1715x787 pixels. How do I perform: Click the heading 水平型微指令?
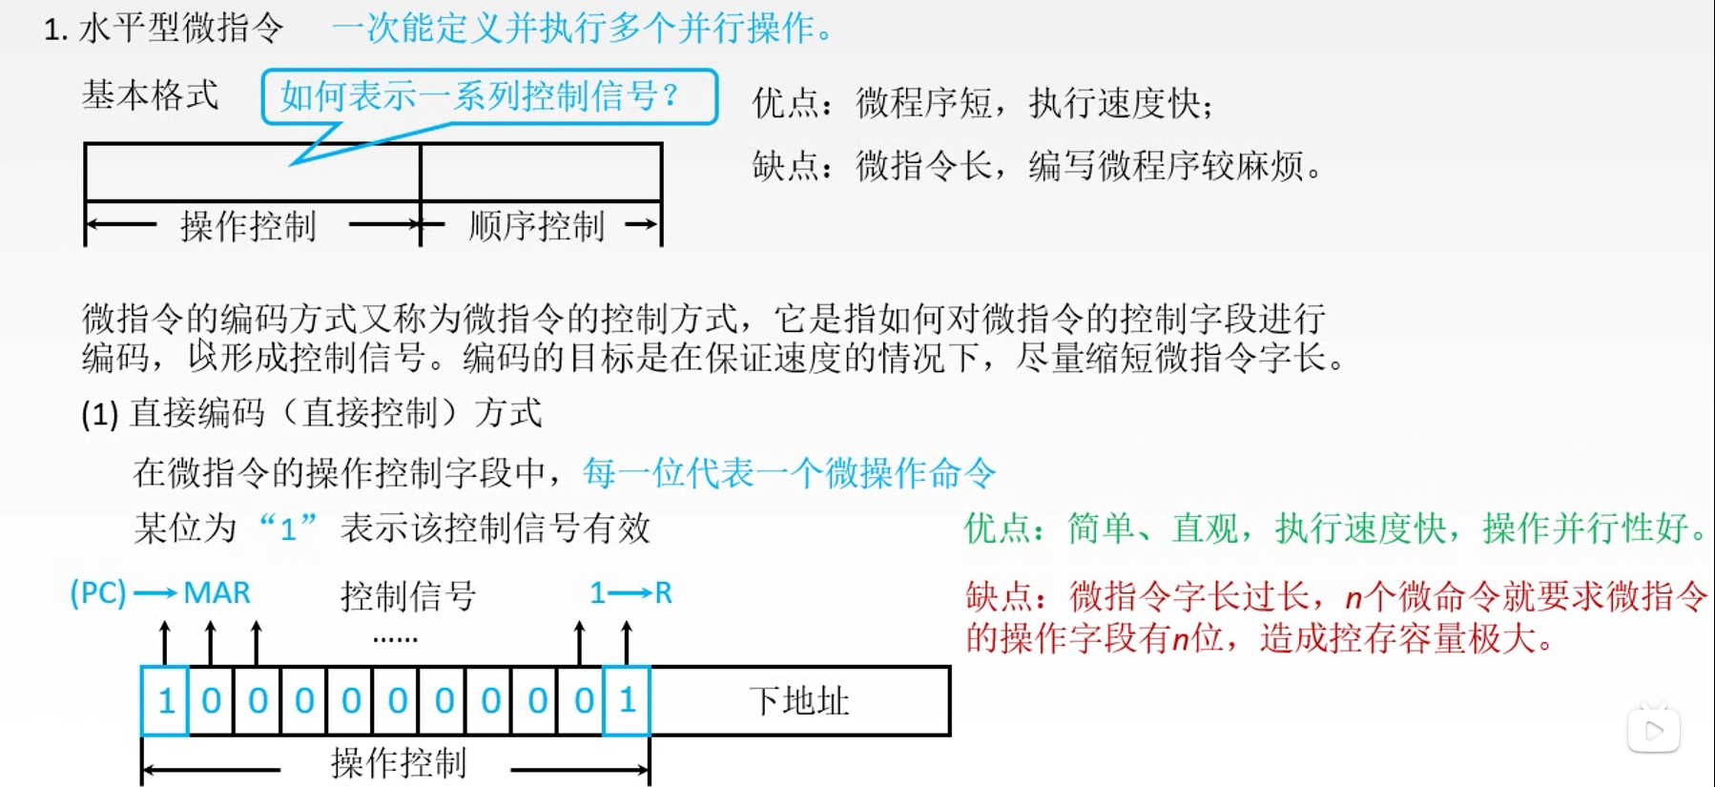pos(180,29)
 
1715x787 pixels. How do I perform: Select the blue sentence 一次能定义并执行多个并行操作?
pos(582,29)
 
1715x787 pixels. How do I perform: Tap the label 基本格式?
pos(150,95)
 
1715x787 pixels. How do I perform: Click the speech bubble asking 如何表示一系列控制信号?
pos(488,96)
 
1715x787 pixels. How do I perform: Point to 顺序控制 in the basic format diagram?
pos(536,226)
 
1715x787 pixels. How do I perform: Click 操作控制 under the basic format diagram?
pos(248,226)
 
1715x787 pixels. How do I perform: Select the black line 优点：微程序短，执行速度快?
pos(982,103)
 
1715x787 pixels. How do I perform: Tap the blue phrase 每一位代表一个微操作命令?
pos(789,473)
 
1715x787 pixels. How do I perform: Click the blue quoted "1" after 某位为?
pos(287,528)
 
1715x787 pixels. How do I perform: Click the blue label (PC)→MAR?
pos(160,593)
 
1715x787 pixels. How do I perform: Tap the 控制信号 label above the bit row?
pos(408,596)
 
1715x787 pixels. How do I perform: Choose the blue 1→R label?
pos(630,593)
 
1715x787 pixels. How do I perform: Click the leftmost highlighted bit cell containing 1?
pos(165,701)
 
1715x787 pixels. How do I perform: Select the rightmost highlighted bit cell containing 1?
pos(627,701)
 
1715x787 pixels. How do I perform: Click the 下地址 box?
pos(799,701)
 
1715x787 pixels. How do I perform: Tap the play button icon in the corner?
pos(1653,731)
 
